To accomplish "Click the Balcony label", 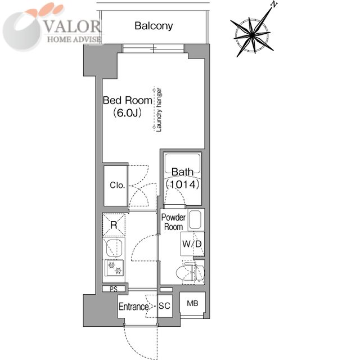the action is click(154, 26).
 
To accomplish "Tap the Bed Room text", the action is click(128, 100).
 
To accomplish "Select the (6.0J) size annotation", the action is click(128, 113).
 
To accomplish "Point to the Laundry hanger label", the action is click(159, 110).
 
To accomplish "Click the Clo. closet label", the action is click(118, 185).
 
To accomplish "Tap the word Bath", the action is click(182, 172).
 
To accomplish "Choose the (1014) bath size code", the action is click(182, 184).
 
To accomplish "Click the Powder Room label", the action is click(173, 222).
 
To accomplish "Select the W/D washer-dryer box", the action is click(192, 244).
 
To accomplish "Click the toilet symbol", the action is click(190, 273).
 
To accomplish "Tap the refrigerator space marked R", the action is click(114, 225).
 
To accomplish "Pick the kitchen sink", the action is click(114, 248).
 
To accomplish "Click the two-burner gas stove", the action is click(114, 268).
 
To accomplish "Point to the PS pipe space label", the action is click(114, 289).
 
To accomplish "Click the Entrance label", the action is click(134, 307).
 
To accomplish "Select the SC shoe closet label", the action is click(164, 306).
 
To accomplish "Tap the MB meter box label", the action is click(192, 304).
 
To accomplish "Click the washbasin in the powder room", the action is click(195, 220).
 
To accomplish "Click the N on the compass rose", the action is click(274, 4).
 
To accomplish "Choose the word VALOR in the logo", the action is click(72, 26).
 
